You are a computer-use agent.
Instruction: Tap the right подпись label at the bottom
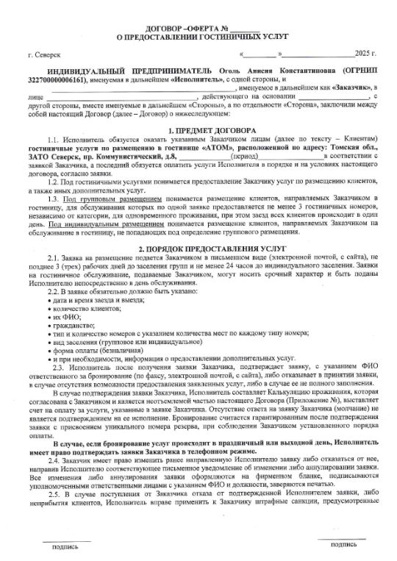pos(343,545)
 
